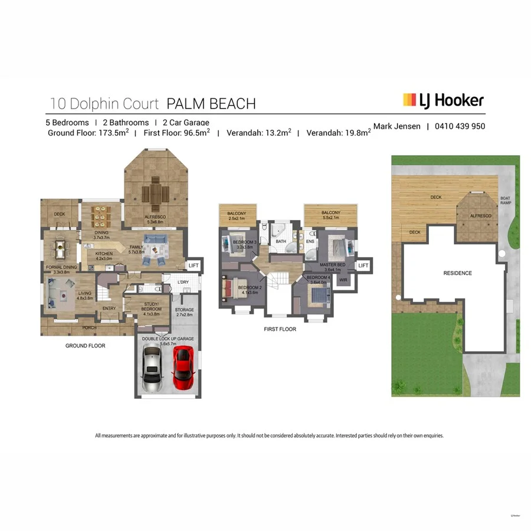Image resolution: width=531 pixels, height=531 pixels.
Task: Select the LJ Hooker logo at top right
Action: coord(443,100)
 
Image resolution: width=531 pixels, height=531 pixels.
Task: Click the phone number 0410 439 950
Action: coord(460,126)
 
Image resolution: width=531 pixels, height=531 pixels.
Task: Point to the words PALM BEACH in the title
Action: coord(211,104)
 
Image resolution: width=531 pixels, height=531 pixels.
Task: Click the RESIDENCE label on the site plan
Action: coord(458,273)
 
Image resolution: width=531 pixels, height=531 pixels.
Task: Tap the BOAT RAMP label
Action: coord(506,201)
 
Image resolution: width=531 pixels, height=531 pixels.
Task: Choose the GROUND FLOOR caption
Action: coord(85,346)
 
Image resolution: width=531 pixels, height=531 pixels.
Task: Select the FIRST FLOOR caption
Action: coord(280,329)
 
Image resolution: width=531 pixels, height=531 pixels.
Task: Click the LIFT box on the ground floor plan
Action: coord(194,266)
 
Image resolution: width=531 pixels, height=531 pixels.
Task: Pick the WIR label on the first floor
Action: coord(343,280)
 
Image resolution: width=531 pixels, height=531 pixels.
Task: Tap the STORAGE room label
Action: coord(185,310)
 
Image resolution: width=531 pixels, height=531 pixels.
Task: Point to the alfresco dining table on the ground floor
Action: coord(156,192)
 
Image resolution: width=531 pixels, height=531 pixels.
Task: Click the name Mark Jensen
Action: coord(398,126)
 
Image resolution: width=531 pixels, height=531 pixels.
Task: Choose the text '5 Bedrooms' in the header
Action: coord(67,123)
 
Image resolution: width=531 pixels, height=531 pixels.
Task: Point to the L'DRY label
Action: coord(183,282)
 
